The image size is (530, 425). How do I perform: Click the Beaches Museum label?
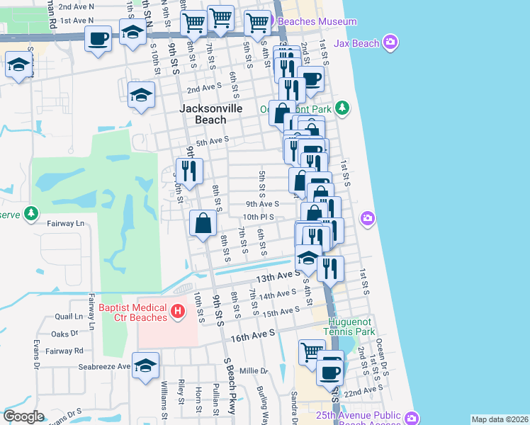tap(317, 21)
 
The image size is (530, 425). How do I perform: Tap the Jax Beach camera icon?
tap(390, 43)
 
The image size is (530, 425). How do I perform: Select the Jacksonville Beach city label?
tap(211, 114)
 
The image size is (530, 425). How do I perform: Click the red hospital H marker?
tap(178, 310)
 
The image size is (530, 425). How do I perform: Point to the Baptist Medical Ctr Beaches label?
tap(133, 312)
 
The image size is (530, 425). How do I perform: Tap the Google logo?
tap(23, 417)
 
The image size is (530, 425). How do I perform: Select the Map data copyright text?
tap(500, 419)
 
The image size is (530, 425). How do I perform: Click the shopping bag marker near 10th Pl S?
tap(203, 223)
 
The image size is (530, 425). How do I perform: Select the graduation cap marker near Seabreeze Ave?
tap(145, 365)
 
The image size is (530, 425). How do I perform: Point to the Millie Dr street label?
tap(254, 370)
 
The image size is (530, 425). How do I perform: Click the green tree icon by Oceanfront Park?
tap(342, 108)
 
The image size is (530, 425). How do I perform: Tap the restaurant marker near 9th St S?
tap(189, 171)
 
